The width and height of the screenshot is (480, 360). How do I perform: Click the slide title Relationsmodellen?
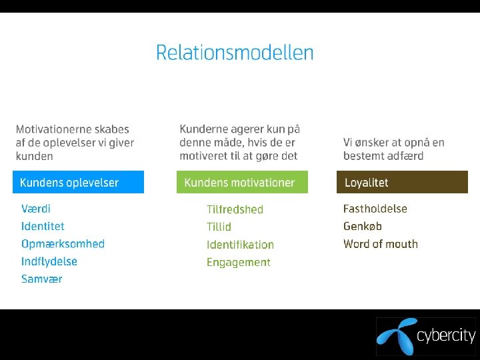click(235, 53)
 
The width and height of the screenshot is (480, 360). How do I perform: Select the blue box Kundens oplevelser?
click(78, 183)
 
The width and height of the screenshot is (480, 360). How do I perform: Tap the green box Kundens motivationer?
click(242, 183)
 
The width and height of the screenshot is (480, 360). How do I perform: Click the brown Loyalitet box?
click(403, 183)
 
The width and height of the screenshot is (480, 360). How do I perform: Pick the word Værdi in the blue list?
click(36, 209)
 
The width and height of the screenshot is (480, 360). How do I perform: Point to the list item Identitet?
click(43, 227)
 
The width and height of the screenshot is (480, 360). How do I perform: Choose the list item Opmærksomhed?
click(63, 244)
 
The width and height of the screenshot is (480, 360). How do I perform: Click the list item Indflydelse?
click(49, 261)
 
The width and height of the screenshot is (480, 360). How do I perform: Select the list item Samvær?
click(41, 279)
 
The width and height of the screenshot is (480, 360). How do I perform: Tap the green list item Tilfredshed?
click(235, 209)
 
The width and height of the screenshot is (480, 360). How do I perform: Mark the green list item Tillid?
click(219, 227)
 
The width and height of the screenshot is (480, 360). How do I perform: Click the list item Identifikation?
click(240, 245)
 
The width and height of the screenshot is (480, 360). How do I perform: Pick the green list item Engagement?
click(238, 262)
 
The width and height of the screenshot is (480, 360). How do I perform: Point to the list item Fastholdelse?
click(375, 209)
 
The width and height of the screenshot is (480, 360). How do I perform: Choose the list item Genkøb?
click(363, 227)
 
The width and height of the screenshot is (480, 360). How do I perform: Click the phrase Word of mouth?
click(381, 244)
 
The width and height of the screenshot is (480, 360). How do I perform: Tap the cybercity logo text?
click(446, 335)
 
